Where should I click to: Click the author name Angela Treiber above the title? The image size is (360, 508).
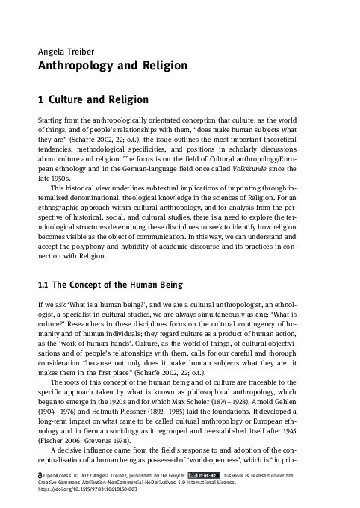click(63, 52)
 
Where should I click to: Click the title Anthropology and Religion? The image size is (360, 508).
click(112, 66)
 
